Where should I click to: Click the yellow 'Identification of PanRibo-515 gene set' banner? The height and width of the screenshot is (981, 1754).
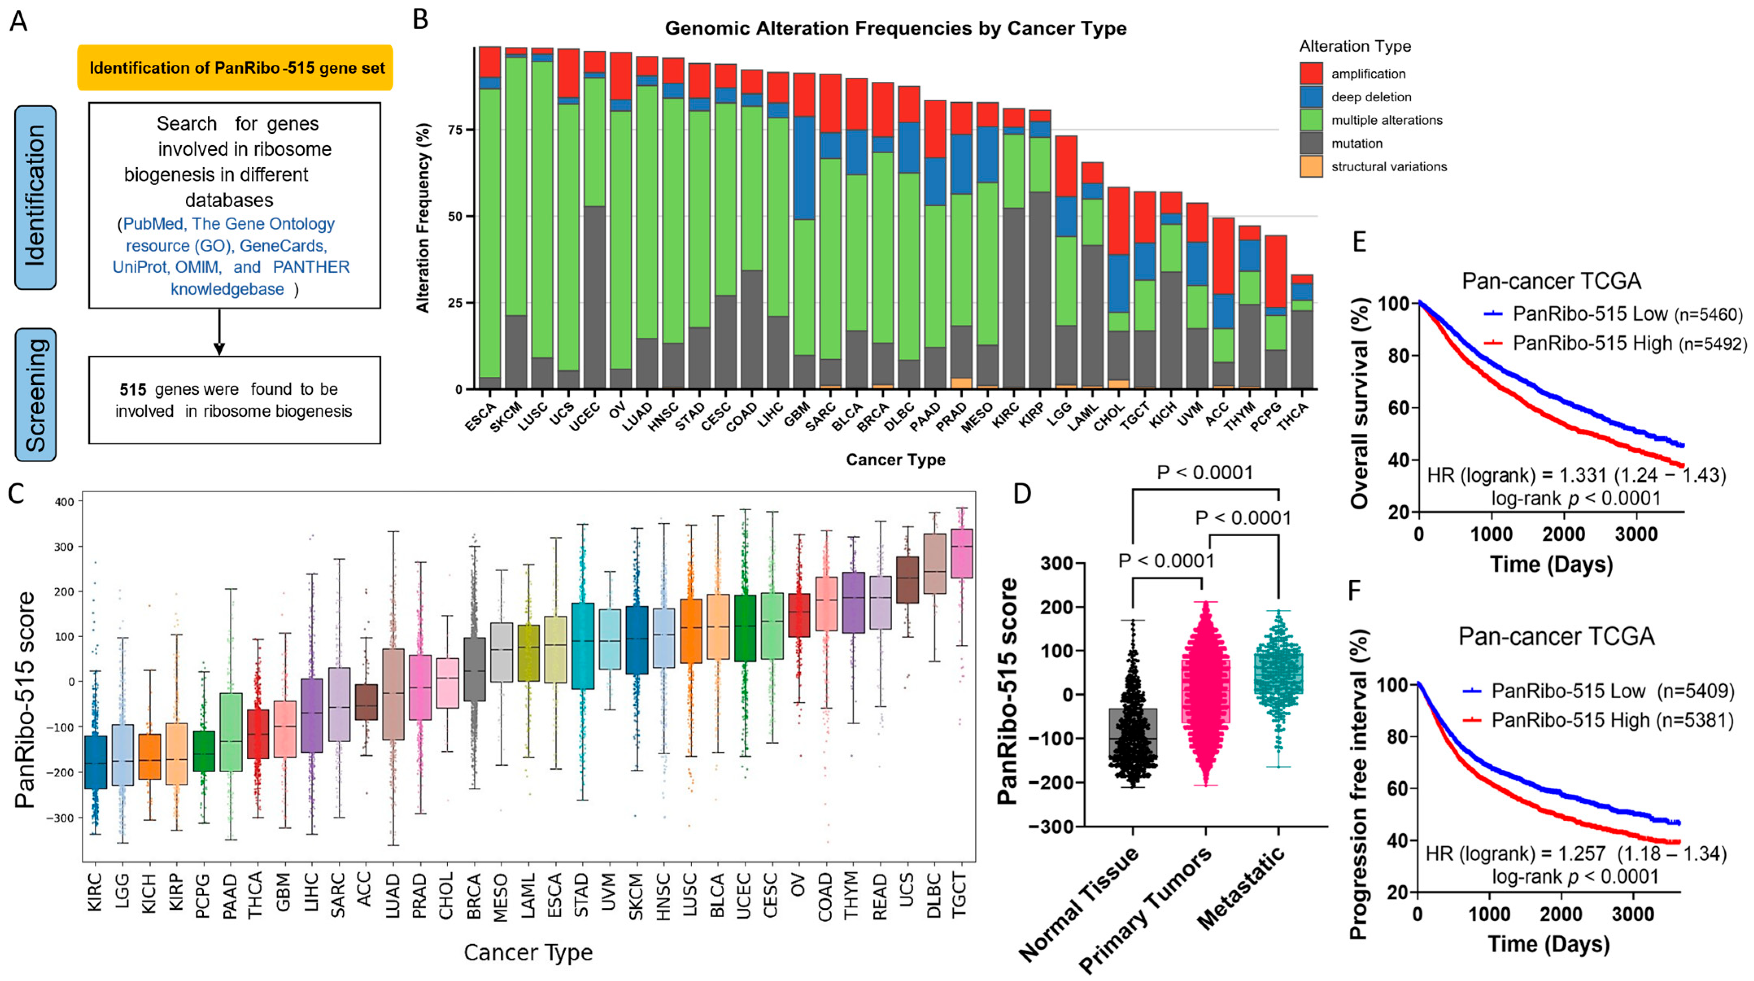pos(235,68)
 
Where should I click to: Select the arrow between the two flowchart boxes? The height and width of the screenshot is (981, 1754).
pos(218,332)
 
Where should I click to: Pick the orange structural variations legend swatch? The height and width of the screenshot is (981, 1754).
pos(1311,166)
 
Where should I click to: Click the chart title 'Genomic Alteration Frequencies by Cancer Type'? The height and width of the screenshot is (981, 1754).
pos(896,28)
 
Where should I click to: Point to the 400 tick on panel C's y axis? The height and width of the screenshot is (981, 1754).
pos(68,501)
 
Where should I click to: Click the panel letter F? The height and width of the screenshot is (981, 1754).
pos(1356,590)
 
